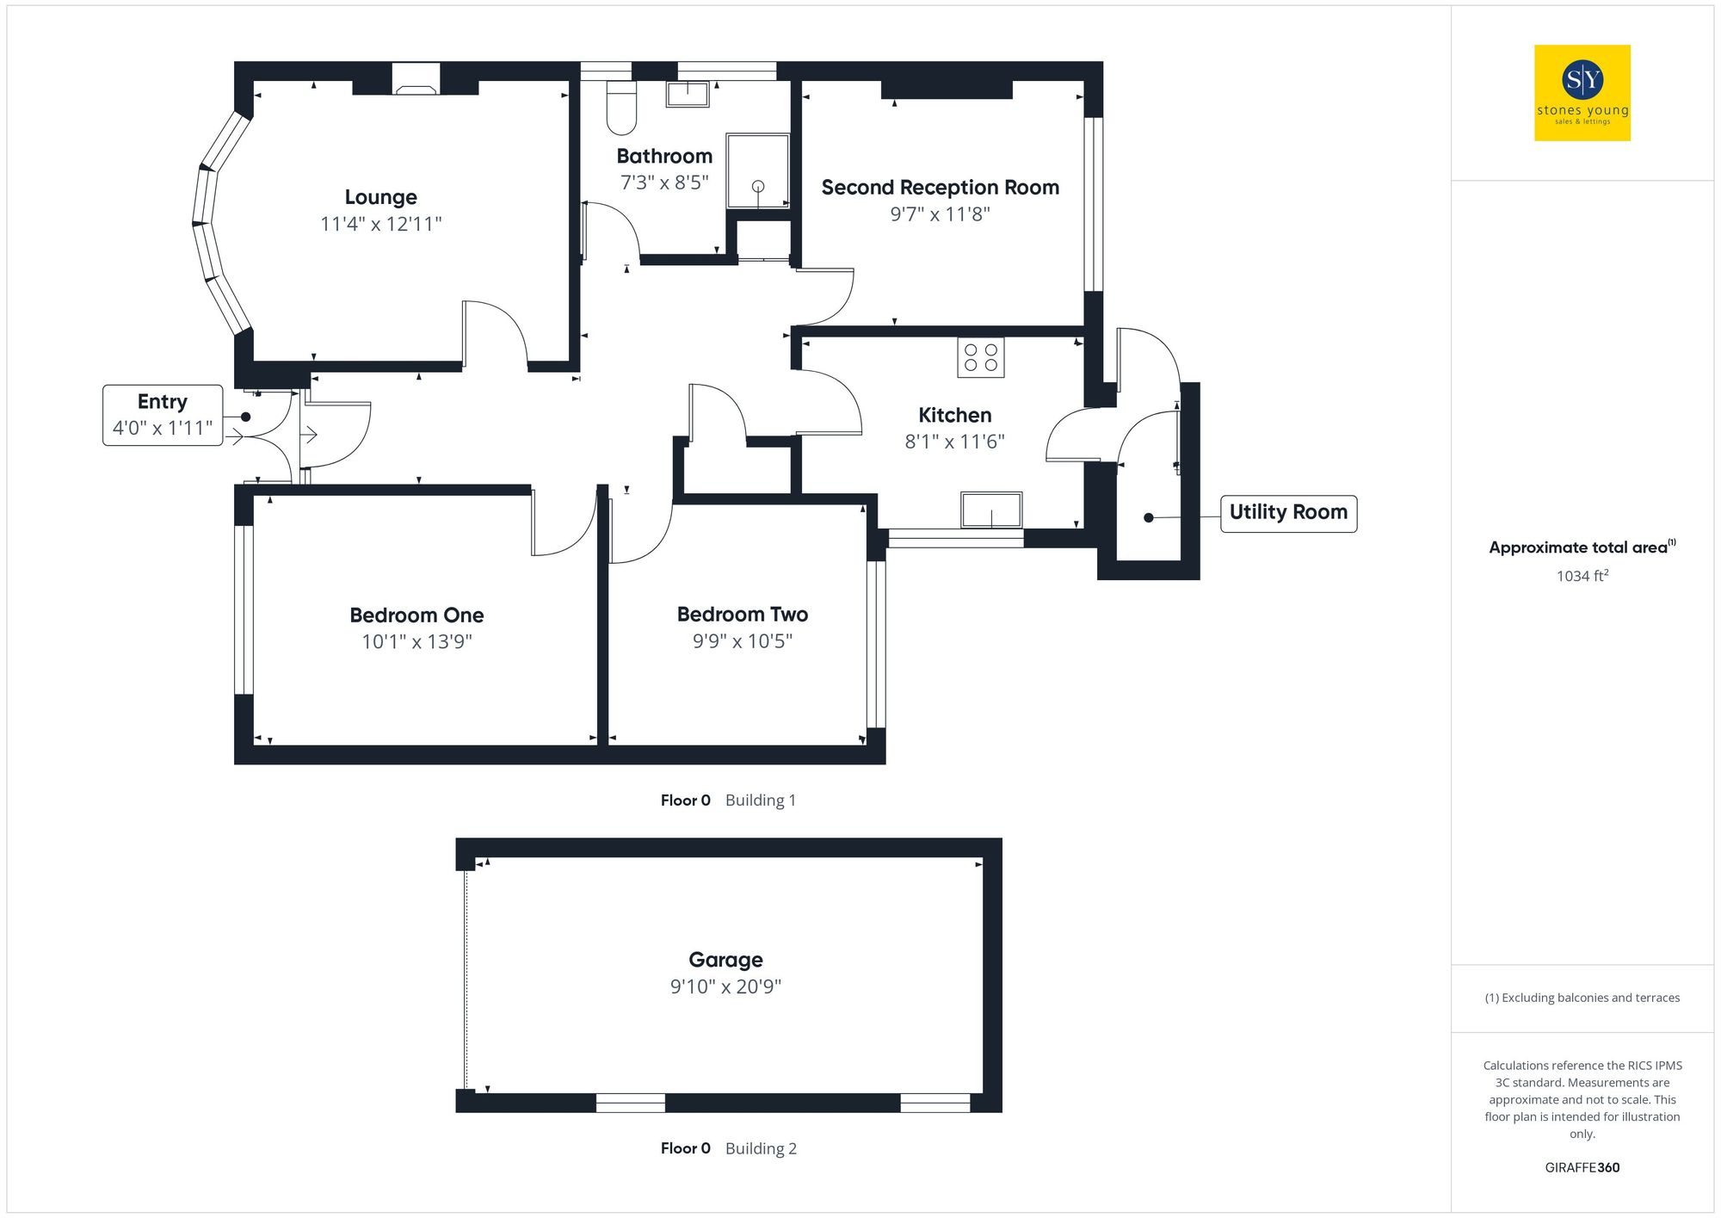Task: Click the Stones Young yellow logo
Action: pyautogui.click(x=1582, y=93)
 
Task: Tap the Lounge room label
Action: pyautogui.click(x=380, y=197)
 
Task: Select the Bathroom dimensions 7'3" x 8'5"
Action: pyautogui.click(x=664, y=182)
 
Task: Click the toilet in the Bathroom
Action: pyautogui.click(x=620, y=108)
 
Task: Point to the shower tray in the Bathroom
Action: pyautogui.click(x=757, y=170)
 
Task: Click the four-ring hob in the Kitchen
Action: pyautogui.click(x=980, y=357)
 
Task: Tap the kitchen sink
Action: pyautogui.click(x=991, y=510)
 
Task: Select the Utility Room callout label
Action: pyautogui.click(x=1288, y=513)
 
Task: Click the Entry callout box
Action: pyautogui.click(x=163, y=415)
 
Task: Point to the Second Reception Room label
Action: pyautogui.click(x=940, y=188)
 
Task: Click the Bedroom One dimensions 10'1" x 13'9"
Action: pyautogui.click(x=416, y=641)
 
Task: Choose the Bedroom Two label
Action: pyautogui.click(x=742, y=615)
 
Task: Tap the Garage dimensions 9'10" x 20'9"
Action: pyautogui.click(x=725, y=986)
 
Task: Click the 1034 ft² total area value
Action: pyautogui.click(x=1582, y=576)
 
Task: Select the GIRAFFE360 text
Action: pyautogui.click(x=1582, y=1167)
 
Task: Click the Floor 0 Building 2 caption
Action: pyautogui.click(x=728, y=1148)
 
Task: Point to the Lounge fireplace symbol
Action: pyautogui.click(x=416, y=79)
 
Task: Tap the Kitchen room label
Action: pyautogui.click(x=954, y=415)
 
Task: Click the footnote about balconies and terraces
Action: pyautogui.click(x=1582, y=998)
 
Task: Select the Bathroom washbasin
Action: pyautogui.click(x=688, y=93)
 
